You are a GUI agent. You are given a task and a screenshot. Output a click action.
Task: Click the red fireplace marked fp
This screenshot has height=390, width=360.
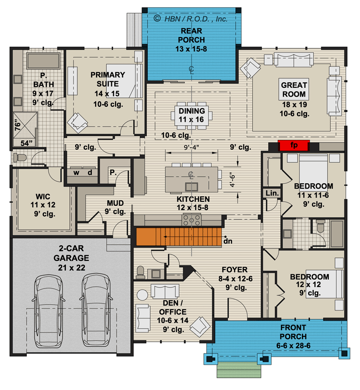point(294,145)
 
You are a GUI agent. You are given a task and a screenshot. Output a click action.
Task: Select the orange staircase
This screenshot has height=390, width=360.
point(179,236)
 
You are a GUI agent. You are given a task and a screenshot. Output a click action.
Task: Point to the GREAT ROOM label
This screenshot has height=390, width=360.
point(294,90)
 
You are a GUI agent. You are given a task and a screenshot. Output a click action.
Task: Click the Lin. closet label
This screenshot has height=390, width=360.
point(271,193)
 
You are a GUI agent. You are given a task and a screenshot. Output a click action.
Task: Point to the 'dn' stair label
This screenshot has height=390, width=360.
point(227,240)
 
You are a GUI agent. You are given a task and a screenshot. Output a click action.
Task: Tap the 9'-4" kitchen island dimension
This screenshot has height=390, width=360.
point(190,147)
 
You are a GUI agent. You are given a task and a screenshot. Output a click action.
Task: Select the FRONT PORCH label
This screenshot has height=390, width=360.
point(293,332)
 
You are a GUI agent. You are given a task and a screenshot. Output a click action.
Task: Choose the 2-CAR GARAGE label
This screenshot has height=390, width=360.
point(71,253)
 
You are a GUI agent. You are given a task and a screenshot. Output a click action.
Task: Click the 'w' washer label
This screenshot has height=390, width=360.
point(77,173)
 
